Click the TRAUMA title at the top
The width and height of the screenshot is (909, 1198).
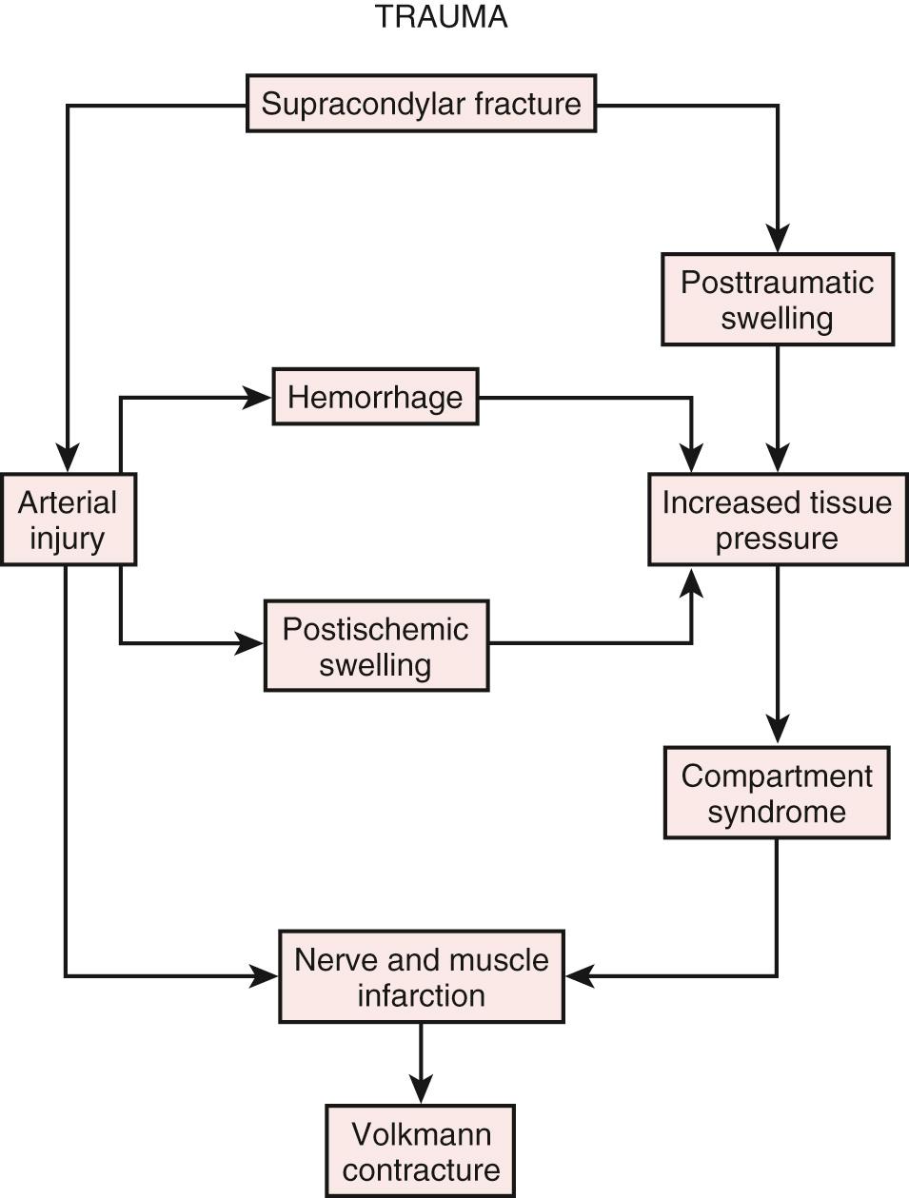click(441, 17)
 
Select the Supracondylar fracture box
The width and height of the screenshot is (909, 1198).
click(421, 103)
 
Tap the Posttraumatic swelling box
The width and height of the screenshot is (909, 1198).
click(777, 299)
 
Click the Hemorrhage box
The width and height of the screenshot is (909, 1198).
click(375, 397)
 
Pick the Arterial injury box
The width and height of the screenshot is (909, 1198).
click(67, 520)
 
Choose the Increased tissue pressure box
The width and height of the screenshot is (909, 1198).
click(777, 520)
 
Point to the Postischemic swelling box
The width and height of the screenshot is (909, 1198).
click(375, 645)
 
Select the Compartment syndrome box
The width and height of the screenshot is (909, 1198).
click(776, 793)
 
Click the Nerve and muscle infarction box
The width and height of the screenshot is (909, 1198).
click(421, 976)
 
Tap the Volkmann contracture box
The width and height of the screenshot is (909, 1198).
click(420, 1150)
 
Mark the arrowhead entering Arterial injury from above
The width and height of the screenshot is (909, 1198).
click(67, 460)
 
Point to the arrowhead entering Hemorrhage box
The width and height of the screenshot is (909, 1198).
click(259, 398)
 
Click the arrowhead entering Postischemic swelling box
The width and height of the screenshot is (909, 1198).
click(250, 644)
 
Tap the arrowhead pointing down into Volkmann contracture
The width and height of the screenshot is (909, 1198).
click(420, 1090)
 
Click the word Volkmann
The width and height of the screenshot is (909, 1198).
click(421, 1133)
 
